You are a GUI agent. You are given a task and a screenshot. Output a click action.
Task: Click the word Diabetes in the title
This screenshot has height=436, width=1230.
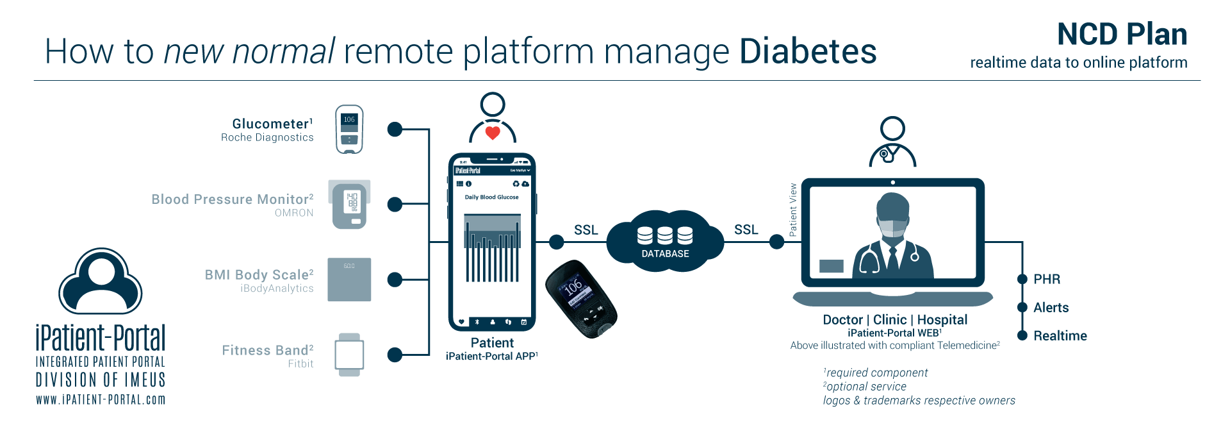[807, 51]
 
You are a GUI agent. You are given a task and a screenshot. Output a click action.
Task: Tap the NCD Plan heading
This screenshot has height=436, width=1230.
[1122, 34]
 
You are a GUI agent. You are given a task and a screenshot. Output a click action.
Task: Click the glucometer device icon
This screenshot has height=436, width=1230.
[349, 130]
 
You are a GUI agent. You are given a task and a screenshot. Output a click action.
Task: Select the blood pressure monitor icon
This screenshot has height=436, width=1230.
[350, 205]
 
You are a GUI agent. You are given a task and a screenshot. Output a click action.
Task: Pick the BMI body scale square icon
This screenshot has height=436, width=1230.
[349, 280]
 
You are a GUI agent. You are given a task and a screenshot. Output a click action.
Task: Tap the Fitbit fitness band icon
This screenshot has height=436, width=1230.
[349, 355]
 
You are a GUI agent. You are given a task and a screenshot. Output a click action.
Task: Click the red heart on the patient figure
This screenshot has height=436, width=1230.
[492, 133]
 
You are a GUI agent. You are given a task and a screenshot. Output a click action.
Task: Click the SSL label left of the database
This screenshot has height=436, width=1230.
[586, 230]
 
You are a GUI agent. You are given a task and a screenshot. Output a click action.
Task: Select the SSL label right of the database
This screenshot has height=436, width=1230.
[746, 230]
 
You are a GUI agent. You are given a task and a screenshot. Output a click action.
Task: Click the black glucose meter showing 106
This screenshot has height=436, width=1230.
[580, 299]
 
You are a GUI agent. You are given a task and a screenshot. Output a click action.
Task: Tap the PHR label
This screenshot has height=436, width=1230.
[1047, 280]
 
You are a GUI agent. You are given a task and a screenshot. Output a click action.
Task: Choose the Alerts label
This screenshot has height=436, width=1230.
[1051, 308]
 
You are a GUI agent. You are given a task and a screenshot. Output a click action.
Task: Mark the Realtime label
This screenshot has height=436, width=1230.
[1060, 336]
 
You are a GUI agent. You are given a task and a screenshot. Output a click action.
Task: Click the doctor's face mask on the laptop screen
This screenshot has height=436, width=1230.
[892, 228]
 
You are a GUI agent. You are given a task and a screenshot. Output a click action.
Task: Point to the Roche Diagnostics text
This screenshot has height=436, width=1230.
[267, 137]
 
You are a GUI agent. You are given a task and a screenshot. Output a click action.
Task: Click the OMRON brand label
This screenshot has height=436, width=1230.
[294, 213]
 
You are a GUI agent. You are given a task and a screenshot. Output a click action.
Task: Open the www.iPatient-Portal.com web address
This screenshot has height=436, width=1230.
[101, 399]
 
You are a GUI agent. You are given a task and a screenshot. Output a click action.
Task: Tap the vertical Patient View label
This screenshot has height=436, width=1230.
[793, 210]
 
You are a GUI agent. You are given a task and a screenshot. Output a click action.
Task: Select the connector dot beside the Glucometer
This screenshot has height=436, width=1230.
[395, 130]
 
